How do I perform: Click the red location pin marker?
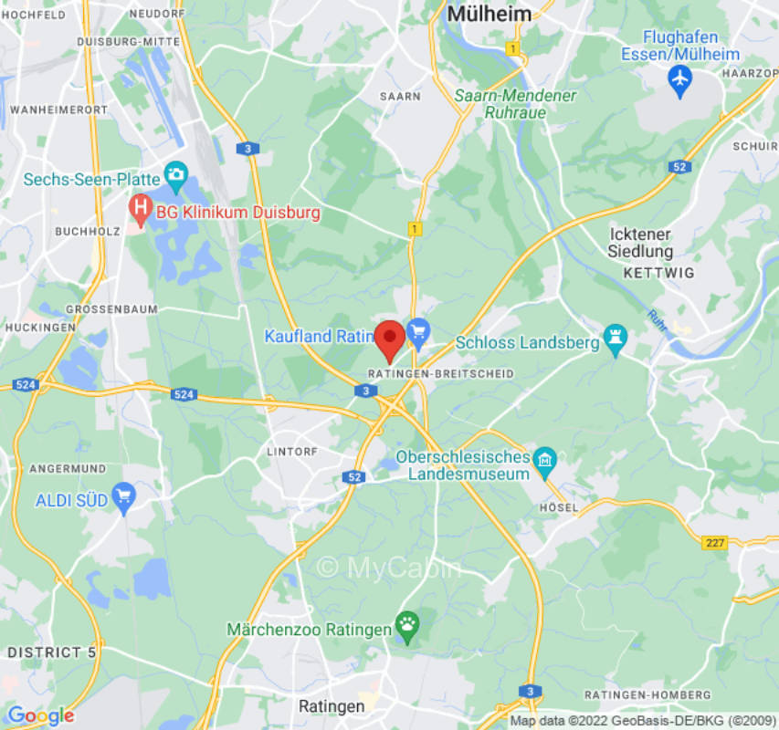click(391, 339)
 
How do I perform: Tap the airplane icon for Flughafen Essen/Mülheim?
click(679, 79)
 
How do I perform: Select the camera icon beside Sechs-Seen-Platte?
click(175, 173)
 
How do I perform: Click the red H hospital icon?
click(140, 211)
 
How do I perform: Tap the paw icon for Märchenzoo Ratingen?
click(405, 626)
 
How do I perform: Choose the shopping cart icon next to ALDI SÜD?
click(123, 498)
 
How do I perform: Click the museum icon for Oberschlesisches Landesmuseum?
click(545, 457)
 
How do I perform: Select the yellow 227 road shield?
click(715, 542)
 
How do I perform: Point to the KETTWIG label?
click(658, 273)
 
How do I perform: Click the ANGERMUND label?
click(63, 468)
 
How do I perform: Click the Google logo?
click(40, 715)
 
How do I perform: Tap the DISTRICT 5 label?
click(51, 652)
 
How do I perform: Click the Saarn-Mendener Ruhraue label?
click(516, 103)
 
